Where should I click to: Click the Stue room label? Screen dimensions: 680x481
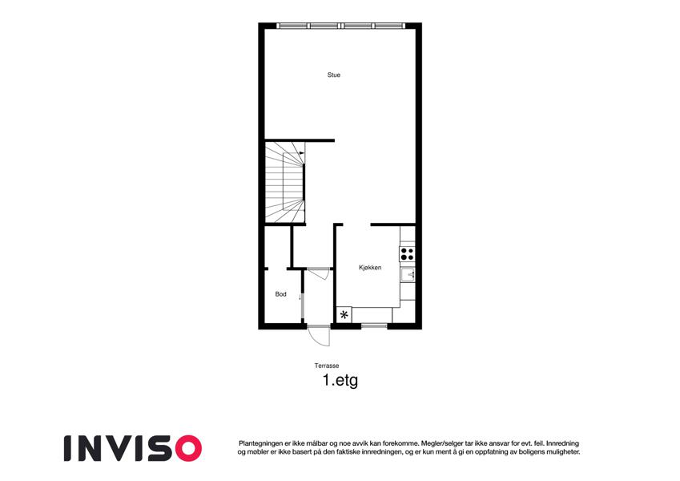(333, 75)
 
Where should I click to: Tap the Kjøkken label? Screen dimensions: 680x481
(370, 268)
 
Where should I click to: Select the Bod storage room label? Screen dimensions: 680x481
(280, 294)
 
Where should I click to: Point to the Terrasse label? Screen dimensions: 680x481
(327, 366)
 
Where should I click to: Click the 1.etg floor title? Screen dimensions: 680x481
(340, 381)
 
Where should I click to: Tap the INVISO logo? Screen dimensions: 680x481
(133, 448)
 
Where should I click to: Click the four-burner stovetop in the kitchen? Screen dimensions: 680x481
(407, 254)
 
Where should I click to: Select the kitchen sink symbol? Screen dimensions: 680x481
(408, 275)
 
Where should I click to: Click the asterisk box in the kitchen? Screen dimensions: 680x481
(344, 315)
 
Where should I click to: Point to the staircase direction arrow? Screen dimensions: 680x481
(302, 153)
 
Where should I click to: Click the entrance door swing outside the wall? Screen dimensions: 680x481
(319, 336)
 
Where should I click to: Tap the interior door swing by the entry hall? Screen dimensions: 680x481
(319, 274)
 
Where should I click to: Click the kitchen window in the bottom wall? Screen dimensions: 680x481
(374, 325)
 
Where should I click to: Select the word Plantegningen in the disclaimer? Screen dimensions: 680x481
(260, 443)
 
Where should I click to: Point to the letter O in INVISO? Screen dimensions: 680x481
(189, 448)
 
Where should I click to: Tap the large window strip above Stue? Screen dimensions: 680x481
(341, 26)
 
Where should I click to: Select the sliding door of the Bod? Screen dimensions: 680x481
(302, 297)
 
